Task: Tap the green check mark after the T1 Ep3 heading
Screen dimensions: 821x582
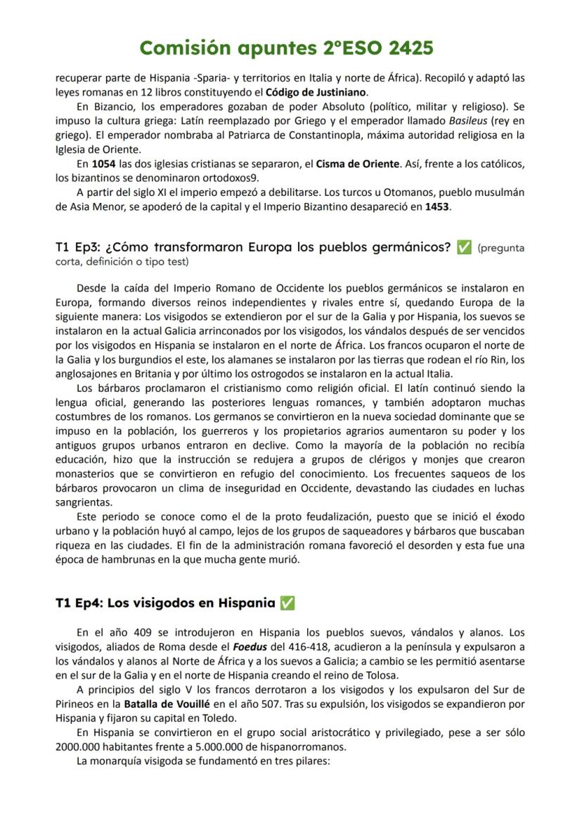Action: coord(464,248)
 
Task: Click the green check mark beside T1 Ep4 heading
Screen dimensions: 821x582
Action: coord(287,603)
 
